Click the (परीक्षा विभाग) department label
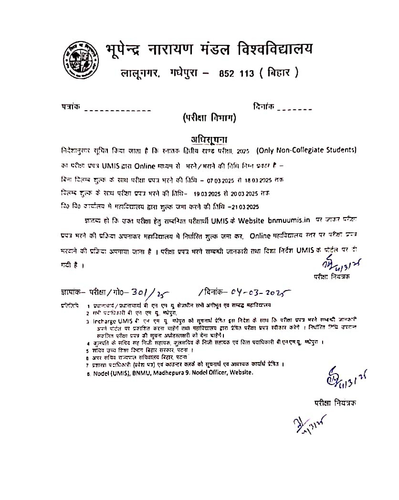tap(209, 118)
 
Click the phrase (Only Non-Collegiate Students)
tap(306, 151)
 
